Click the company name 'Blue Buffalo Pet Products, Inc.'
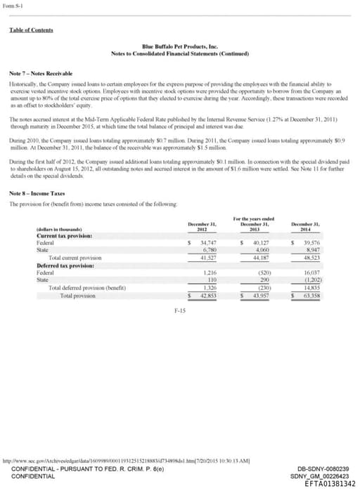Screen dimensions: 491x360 coord(180,46)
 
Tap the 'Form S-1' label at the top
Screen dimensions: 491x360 coord(13,6)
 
